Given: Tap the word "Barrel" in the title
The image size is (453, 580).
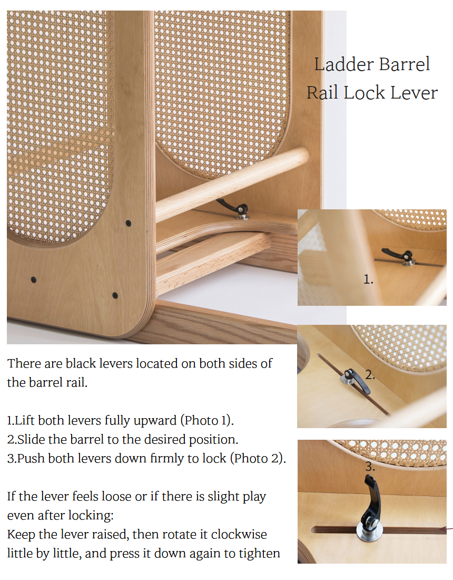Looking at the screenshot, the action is tap(405, 64).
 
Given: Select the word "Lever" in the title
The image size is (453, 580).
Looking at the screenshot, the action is tap(414, 92).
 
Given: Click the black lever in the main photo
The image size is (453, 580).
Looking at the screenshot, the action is tap(233, 208).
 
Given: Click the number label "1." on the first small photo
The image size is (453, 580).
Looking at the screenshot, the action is tap(368, 279).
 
